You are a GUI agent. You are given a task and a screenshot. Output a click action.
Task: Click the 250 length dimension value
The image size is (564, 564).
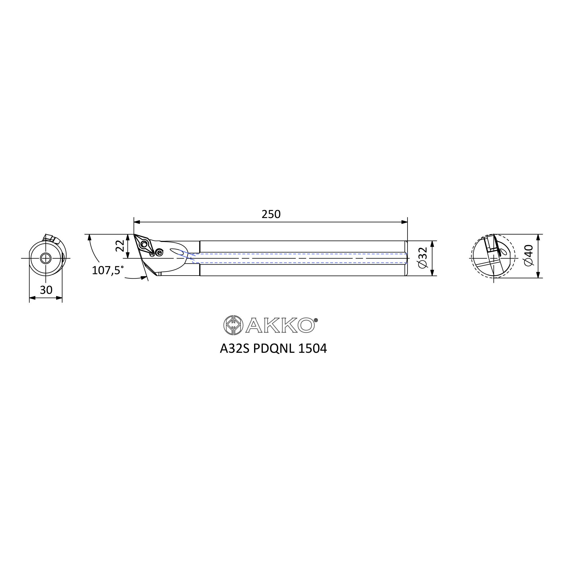[x=271, y=214]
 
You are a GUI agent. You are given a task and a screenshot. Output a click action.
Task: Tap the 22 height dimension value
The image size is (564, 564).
[x=120, y=246]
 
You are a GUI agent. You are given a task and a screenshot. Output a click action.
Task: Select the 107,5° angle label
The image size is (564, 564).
[x=107, y=270]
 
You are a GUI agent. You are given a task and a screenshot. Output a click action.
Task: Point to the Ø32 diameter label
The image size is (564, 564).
[x=423, y=258]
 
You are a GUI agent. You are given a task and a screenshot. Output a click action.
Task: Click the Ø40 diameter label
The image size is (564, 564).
[x=529, y=255]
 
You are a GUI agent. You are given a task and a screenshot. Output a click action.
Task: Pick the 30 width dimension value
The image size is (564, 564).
[x=46, y=290]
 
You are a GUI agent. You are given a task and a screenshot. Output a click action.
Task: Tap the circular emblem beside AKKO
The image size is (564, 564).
[x=233, y=325]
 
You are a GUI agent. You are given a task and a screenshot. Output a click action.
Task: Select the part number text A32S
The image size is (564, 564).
[x=235, y=349]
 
